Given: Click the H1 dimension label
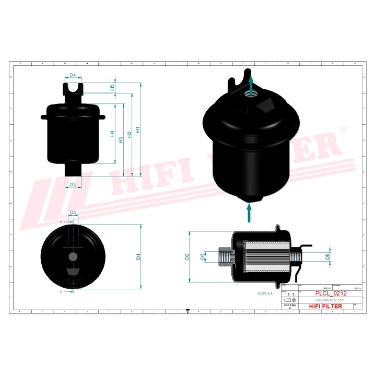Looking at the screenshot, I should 138,129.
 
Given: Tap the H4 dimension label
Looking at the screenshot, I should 112,134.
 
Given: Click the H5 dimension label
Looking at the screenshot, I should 112,88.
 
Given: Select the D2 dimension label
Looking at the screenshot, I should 186,256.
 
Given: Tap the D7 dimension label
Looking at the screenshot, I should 203,256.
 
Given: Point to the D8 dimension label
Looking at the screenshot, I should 327,256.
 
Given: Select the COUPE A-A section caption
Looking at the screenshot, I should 265,294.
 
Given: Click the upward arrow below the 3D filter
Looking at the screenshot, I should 249,213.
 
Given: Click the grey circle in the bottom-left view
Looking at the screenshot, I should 73,256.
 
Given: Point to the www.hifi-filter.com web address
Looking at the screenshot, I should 329,301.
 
